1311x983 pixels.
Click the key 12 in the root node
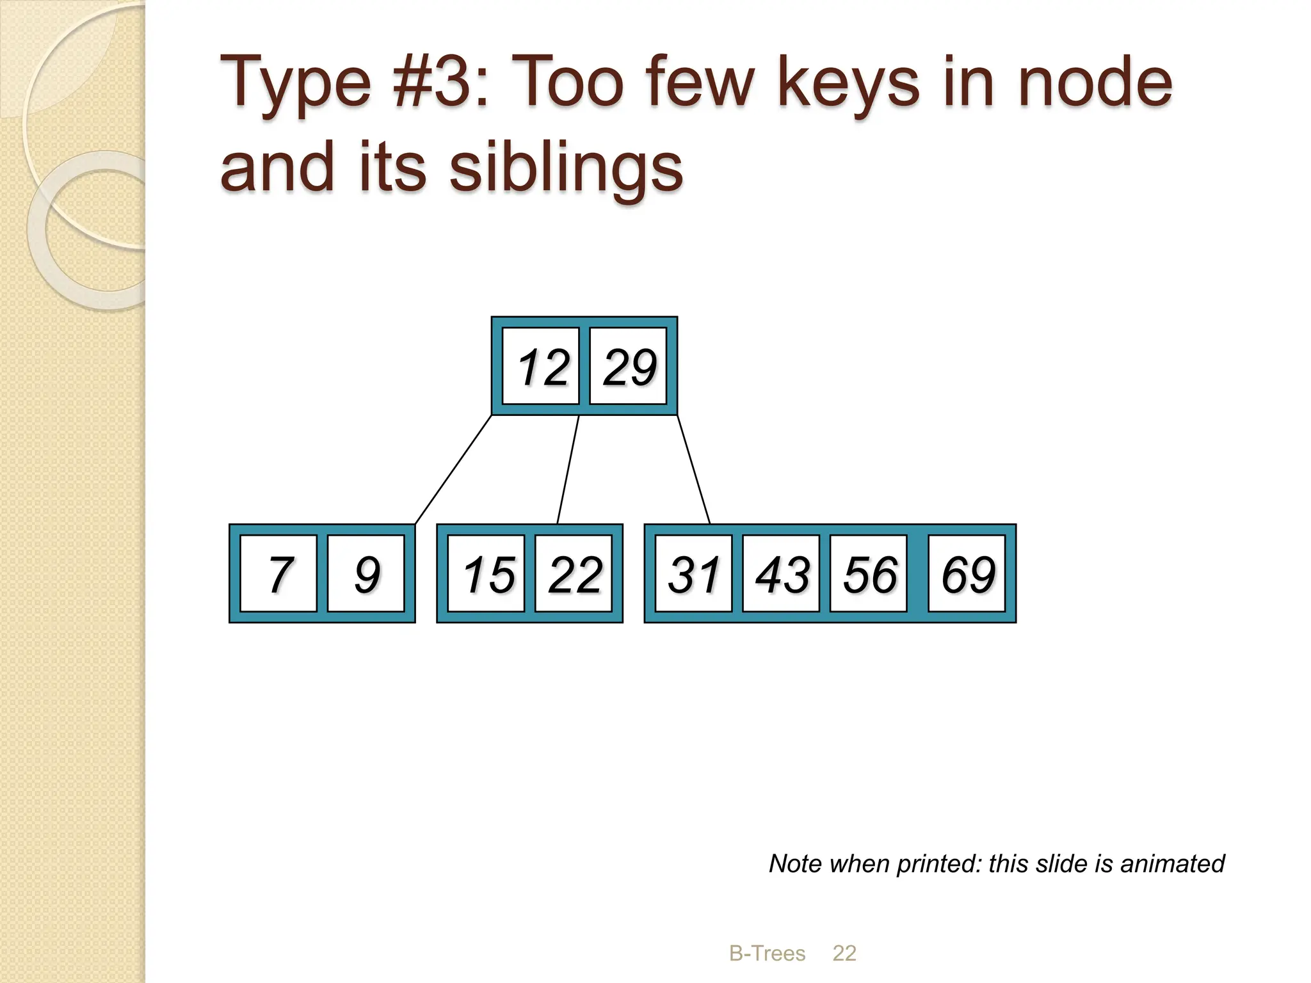541,367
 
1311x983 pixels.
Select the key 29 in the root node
628,367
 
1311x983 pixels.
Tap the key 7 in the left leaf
279,573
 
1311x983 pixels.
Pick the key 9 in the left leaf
366,573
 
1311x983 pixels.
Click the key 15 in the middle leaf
487,573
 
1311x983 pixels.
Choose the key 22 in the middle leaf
574,573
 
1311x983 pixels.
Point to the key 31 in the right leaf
694,573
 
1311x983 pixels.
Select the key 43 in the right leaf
781,573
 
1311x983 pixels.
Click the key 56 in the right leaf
869,573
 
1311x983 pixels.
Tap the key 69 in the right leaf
967,573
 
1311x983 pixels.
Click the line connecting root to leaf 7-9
453,470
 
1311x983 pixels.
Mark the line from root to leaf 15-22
568,470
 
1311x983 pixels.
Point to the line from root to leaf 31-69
693,470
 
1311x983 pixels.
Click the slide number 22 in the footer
844,953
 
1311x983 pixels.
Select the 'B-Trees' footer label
767,953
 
